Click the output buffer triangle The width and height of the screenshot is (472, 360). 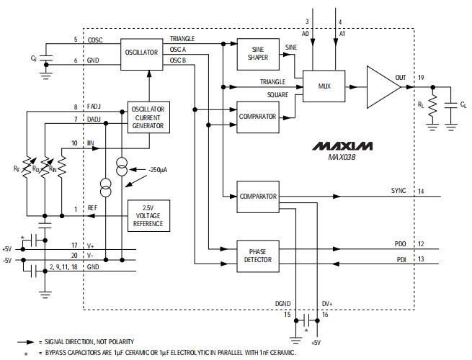383,86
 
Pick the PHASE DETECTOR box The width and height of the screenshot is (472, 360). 257,255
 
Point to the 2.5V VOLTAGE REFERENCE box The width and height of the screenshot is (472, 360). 148,215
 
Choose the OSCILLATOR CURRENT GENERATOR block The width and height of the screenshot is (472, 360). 148,117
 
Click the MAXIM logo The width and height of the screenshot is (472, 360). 343,146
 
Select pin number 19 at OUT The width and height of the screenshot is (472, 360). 419,76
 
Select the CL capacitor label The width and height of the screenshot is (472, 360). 463,104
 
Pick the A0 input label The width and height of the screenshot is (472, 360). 306,33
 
